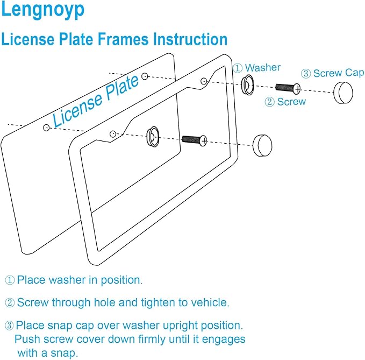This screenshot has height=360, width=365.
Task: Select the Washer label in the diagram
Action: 263,67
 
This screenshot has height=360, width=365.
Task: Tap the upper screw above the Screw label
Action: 288,87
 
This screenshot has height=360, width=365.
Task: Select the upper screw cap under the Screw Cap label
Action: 343,92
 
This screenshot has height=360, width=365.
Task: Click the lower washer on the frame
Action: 153,137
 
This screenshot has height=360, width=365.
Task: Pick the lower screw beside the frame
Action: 193,140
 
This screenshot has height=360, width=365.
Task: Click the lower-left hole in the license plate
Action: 47,128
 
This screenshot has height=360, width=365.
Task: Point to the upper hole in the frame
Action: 204,81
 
